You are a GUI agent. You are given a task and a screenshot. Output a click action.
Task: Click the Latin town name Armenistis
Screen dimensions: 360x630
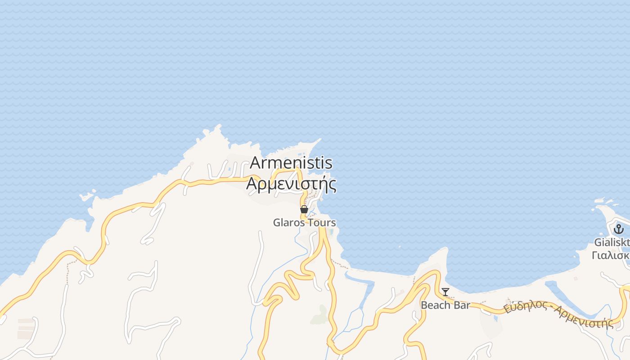coord(291,162)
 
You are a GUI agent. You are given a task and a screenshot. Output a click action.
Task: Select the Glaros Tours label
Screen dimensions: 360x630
coord(304,222)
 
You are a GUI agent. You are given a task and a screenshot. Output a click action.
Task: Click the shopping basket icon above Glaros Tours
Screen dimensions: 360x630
coord(304,209)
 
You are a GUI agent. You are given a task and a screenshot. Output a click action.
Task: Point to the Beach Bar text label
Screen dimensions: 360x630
coord(445,305)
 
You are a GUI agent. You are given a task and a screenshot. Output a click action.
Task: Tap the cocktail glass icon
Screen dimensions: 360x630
coord(445,292)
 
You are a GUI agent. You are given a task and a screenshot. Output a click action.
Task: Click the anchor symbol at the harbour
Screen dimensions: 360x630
coord(618,229)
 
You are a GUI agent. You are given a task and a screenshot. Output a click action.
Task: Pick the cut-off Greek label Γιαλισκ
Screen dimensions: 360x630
coord(611,255)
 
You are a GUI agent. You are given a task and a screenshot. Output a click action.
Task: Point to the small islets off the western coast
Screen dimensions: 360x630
coord(87,196)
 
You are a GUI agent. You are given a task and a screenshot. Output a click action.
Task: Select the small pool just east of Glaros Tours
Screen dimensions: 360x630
coord(332,232)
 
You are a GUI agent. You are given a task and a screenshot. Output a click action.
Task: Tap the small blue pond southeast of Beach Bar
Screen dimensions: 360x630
coord(495,318)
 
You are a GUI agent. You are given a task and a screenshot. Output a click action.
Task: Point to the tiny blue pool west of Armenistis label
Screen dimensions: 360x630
coord(230,170)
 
